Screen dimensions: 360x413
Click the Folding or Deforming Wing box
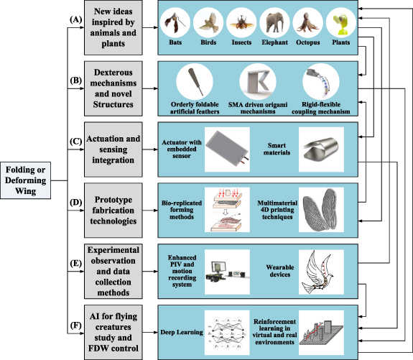click(27, 177)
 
